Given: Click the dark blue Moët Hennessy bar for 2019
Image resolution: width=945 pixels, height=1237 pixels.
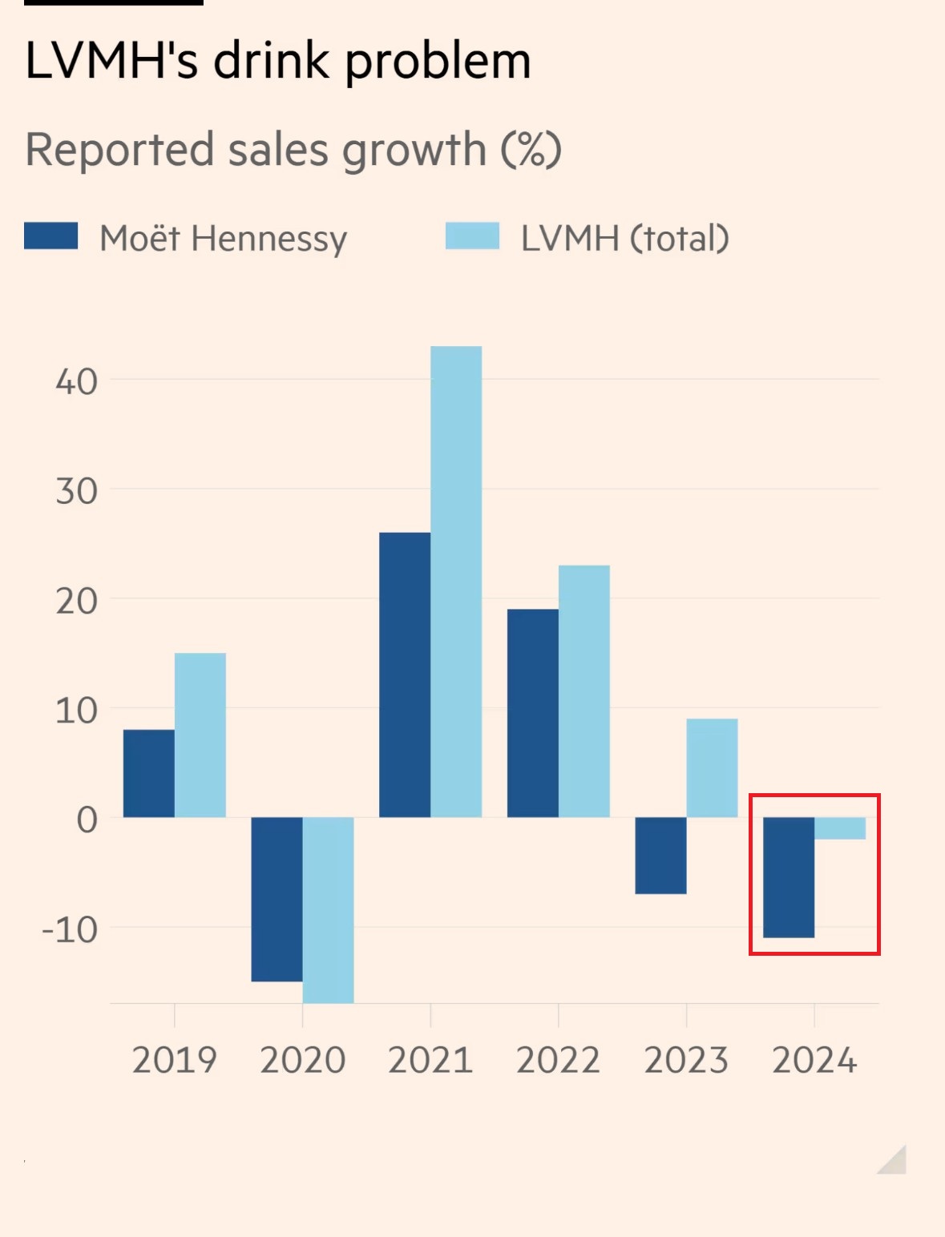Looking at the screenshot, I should (x=148, y=773).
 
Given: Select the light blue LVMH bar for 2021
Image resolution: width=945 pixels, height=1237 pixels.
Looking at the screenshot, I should (x=456, y=582).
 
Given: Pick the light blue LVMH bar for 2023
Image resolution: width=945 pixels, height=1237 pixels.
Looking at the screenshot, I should (x=712, y=768).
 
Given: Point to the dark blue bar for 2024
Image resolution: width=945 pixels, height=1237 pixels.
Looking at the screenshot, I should (x=789, y=877).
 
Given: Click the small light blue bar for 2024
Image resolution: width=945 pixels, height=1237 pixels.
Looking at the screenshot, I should (x=840, y=828).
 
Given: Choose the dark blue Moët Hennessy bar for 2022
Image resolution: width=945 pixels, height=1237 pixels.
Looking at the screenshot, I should (x=532, y=713).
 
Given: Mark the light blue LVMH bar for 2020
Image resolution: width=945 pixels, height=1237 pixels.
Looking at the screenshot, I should (x=328, y=910).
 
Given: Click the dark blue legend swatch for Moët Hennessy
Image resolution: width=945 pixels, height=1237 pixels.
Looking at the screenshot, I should (x=50, y=236).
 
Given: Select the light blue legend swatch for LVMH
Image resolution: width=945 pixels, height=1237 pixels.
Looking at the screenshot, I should (x=472, y=236).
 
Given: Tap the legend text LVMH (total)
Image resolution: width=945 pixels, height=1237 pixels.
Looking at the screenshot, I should (x=624, y=238).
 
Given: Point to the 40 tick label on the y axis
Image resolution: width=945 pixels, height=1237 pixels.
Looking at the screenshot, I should (x=76, y=381).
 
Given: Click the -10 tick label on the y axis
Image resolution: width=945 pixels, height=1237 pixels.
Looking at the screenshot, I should (x=70, y=929).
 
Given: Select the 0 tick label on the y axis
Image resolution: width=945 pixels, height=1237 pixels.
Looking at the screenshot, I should (x=87, y=820).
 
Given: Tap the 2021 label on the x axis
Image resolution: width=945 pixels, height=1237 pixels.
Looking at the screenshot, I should (x=430, y=1060).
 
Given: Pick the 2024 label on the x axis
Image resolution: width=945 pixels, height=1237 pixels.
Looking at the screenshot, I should (x=814, y=1060).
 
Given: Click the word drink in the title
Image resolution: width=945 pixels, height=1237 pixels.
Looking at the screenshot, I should (x=271, y=61).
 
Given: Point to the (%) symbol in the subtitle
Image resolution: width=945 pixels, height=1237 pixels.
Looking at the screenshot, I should (x=531, y=149).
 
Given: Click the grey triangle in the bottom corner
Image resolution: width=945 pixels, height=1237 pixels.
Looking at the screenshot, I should (x=895, y=1162).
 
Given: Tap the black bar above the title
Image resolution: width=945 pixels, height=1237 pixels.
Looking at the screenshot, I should (x=113, y=2).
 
